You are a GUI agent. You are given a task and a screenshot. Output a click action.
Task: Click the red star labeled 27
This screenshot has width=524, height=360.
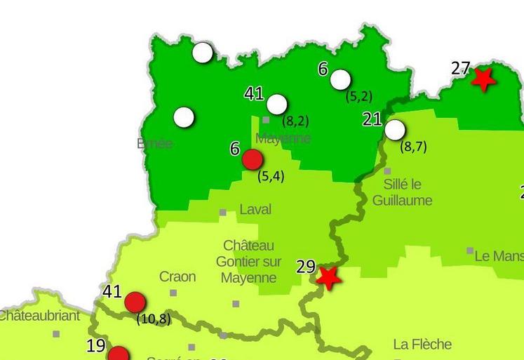pyautogui.click(x=482, y=79)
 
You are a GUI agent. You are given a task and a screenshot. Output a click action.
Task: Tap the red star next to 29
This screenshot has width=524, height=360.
pyautogui.click(x=328, y=276)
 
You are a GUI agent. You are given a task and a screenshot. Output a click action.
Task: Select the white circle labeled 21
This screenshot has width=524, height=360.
pyautogui.click(x=395, y=130)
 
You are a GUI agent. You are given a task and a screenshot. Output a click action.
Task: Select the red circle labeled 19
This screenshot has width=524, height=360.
pyautogui.click(x=119, y=355)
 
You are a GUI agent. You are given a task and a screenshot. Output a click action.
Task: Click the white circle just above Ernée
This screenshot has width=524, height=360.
pyautogui.click(x=184, y=117)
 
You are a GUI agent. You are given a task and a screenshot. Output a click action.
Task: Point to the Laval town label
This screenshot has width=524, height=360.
pyautogui.click(x=255, y=209)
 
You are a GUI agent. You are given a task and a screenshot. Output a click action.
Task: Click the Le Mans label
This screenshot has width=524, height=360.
pyautogui.click(x=499, y=256)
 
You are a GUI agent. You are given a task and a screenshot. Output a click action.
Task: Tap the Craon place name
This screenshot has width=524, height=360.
pyautogui.click(x=177, y=276)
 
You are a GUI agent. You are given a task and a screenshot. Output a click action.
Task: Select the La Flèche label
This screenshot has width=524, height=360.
pyautogui.click(x=422, y=344)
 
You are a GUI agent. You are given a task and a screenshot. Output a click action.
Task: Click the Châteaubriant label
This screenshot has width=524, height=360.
pyautogui.click(x=39, y=316)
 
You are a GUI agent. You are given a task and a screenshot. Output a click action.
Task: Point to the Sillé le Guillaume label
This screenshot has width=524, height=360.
pyautogui.click(x=402, y=192)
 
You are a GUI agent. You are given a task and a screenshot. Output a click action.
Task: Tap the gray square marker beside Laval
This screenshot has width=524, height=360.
pyautogui.click(x=223, y=212)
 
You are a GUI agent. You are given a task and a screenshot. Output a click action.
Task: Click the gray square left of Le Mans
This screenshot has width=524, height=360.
pyautogui.click(x=470, y=251)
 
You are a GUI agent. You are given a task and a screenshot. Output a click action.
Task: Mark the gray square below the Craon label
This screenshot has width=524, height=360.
pyautogui.click(x=173, y=293)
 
